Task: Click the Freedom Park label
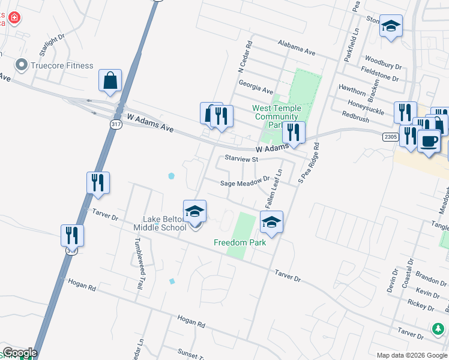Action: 240,242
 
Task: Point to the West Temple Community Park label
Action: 276,116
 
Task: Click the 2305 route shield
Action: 391,137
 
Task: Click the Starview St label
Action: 241,159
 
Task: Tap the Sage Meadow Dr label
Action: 246,182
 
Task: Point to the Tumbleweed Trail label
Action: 138,264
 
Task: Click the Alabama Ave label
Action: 297,48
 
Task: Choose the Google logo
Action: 20,353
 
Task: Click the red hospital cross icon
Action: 13,18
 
